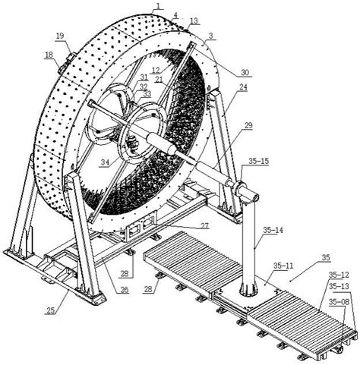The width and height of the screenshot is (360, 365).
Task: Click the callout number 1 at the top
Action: pyautogui.click(x=158, y=6)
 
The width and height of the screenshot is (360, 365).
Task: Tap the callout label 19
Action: pyautogui.click(x=60, y=36)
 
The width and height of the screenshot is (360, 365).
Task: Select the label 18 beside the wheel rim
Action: pyautogui.click(x=49, y=55)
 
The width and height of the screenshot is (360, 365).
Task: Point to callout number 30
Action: pyautogui.click(x=245, y=73)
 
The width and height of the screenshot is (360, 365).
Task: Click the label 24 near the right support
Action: pyautogui.click(x=244, y=87)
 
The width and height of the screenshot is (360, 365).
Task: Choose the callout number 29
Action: pyautogui.click(x=248, y=126)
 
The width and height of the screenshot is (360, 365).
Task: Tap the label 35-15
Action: pyautogui.click(x=258, y=161)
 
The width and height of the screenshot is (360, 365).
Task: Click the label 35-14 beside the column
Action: pyautogui.click(x=273, y=230)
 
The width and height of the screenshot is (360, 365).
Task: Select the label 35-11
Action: pyautogui.click(x=283, y=266)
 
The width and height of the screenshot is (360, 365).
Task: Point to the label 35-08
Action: pyautogui.click(x=339, y=301)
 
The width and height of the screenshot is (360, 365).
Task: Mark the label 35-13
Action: pyautogui.click(x=339, y=286)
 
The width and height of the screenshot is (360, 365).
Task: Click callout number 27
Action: pyautogui.click(x=204, y=225)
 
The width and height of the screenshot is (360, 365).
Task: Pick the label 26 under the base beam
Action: pyautogui.click(x=124, y=290)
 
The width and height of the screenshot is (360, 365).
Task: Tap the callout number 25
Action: pyautogui.click(x=51, y=310)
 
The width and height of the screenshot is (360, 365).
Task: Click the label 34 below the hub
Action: pyautogui.click(x=105, y=162)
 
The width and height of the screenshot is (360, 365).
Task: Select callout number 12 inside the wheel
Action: pyautogui.click(x=155, y=70)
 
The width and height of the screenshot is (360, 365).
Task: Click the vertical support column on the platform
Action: pyautogui.click(x=249, y=243)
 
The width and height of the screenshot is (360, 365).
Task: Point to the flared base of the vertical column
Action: pyautogui.click(x=248, y=289)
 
